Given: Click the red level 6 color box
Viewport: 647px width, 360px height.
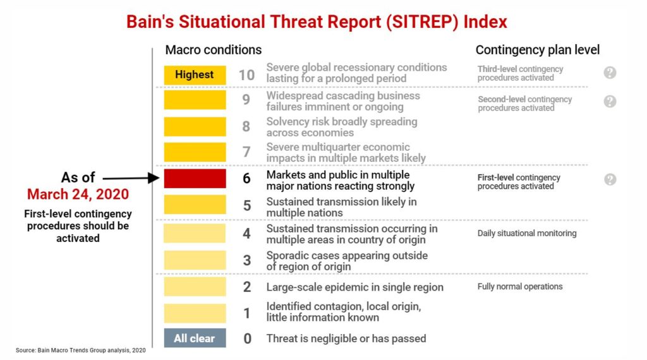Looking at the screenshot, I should click(x=195, y=179).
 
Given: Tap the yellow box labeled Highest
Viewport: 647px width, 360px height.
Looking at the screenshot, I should click(x=195, y=75).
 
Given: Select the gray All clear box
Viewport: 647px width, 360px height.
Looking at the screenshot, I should click(x=195, y=339).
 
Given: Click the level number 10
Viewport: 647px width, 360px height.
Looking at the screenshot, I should click(x=246, y=75).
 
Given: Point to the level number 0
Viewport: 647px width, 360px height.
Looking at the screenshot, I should click(x=247, y=339).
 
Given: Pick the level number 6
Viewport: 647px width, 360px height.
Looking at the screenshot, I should click(x=247, y=179).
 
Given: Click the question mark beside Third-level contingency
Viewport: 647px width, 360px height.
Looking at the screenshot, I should click(x=610, y=73).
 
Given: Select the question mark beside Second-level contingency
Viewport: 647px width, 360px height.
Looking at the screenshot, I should click(x=610, y=102).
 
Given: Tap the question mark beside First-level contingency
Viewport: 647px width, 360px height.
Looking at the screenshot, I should click(x=610, y=179).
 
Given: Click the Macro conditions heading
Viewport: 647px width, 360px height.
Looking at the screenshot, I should click(x=214, y=50).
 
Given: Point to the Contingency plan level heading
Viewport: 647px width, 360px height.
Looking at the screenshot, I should click(x=538, y=50).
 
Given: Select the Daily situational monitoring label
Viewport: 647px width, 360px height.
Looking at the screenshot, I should click(x=527, y=233).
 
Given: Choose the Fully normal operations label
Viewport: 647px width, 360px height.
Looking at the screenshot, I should click(x=520, y=286).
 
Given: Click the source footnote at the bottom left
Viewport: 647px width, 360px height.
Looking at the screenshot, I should click(x=81, y=350).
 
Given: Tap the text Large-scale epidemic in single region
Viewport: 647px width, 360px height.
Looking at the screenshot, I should click(x=354, y=287).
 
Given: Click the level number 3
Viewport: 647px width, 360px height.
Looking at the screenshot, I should click(x=247, y=260).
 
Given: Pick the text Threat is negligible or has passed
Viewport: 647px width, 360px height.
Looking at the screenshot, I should click(x=346, y=339).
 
